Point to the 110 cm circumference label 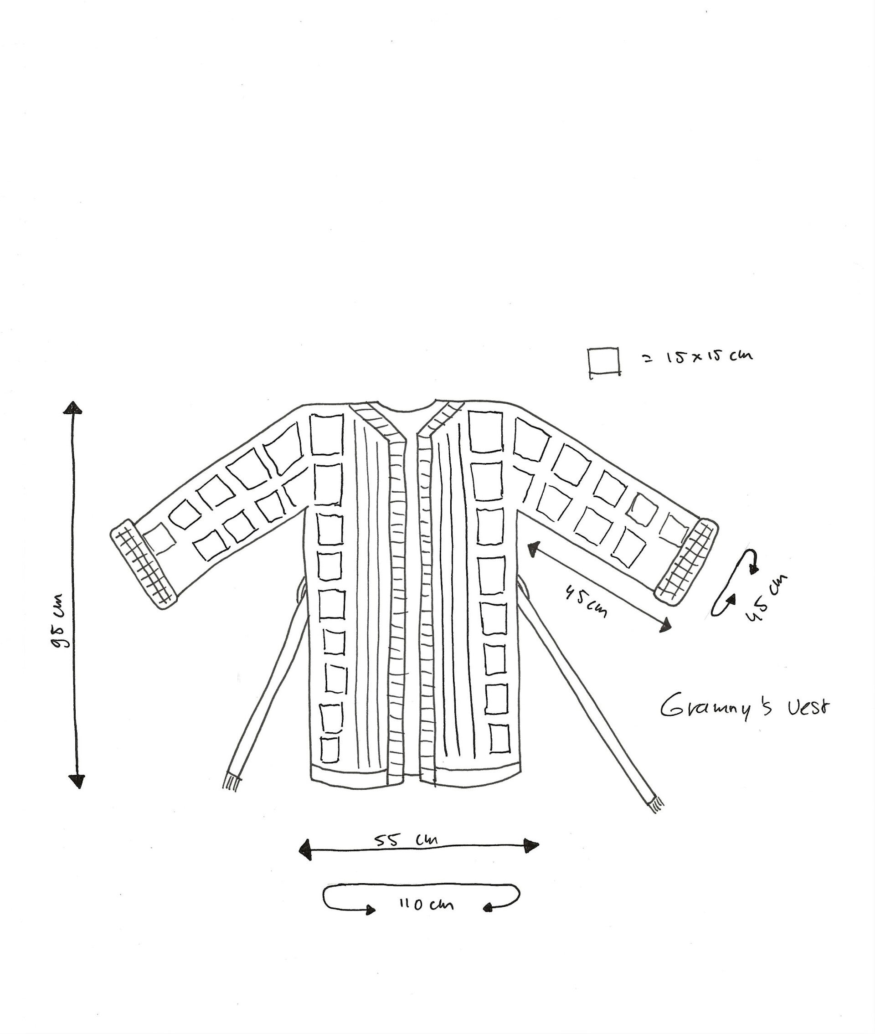coord(426,904)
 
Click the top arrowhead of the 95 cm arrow coord(72,408)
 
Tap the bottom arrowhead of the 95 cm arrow coord(77,781)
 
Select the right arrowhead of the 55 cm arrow coord(531,845)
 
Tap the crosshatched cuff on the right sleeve coord(686,562)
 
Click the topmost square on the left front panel coord(326,434)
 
